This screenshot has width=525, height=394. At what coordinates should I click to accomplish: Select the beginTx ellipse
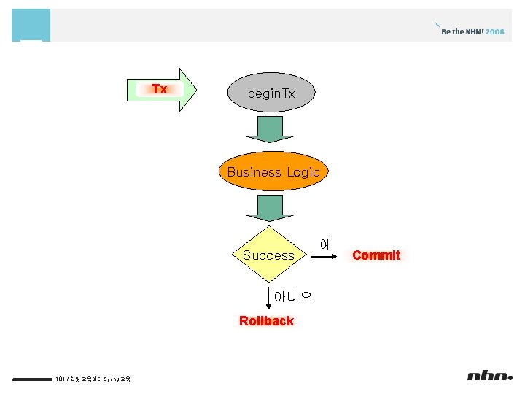(x=271, y=93)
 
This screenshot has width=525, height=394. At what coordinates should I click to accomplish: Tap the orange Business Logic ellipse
(x=273, y=172)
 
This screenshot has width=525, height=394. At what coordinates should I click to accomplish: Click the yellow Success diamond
(x=269, y=255)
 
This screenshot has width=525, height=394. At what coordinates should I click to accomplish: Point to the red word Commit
(x=376, y=255)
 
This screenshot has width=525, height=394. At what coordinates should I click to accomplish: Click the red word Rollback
(x=266, y=321)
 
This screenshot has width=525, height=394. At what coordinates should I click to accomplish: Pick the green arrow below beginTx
(x=270, y=129)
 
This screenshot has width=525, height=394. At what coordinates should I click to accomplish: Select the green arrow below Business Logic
(x=270, y=208)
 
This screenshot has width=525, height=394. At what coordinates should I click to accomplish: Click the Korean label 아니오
(x=292, y=296)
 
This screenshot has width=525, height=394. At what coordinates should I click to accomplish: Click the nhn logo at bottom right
(x=490, y=376)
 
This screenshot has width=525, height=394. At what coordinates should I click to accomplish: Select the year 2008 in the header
(x=495, y=32)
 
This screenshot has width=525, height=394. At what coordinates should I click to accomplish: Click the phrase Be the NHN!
(x=462, y=32)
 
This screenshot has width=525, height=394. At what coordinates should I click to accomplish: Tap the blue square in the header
(x=31, y=25)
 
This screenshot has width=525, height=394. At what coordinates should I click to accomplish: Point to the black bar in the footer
(x=33, y=379)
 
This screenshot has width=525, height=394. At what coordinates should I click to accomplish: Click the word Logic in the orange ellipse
(x=303, y=172)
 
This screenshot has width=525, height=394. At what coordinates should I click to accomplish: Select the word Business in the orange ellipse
(x=254, y=172)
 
